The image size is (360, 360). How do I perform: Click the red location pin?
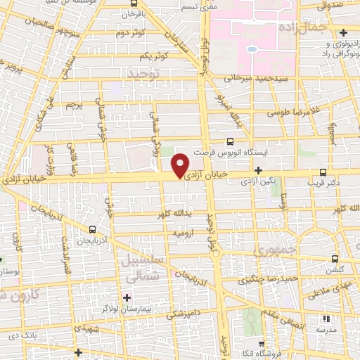click(181, 164)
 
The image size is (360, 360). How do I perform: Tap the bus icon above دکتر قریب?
click(323, 172)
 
